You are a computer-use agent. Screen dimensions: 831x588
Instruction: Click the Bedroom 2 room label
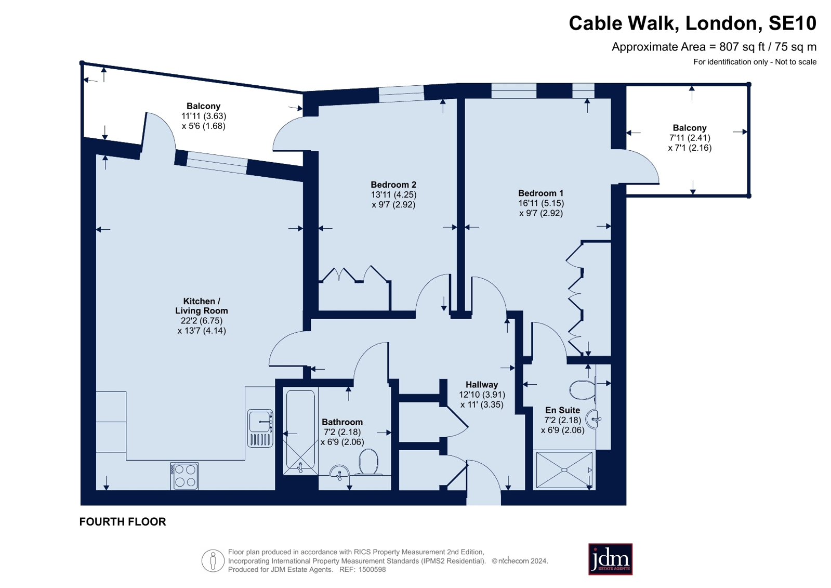393,185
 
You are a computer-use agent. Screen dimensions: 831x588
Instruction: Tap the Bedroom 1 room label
540,193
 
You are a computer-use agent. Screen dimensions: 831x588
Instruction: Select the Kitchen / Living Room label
202,306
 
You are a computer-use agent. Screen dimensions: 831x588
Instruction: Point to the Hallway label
482,385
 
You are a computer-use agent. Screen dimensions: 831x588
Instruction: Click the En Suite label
562,410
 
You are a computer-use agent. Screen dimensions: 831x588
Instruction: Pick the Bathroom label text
342,422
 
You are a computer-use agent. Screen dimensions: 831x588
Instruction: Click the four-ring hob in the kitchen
184,476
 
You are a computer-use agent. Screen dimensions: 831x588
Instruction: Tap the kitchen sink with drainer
260,428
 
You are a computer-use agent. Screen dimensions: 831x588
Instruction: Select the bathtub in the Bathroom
300,431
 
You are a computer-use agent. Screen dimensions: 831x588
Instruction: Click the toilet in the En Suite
583,389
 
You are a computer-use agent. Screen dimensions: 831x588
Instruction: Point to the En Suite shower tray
564,469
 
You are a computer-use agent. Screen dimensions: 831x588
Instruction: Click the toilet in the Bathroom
368,462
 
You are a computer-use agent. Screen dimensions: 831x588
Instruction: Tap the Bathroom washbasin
339,472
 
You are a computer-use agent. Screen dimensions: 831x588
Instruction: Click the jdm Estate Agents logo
610,559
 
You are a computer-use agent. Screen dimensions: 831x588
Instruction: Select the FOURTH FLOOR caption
123,521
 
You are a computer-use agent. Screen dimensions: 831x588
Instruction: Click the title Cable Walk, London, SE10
692,23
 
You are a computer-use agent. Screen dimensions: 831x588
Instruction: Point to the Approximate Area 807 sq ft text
714,47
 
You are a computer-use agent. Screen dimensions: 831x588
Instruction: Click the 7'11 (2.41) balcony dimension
690,138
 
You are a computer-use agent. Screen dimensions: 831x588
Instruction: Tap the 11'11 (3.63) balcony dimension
204,116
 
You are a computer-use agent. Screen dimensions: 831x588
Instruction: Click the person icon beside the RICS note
213,560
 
